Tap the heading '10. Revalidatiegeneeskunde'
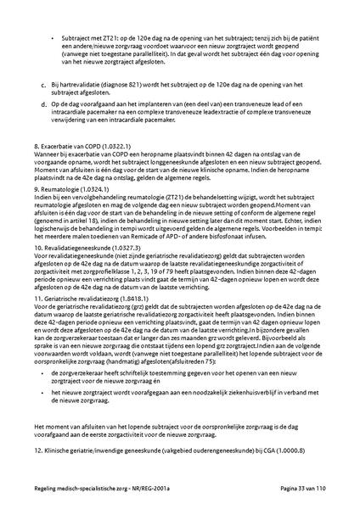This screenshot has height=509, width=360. (80, 246)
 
